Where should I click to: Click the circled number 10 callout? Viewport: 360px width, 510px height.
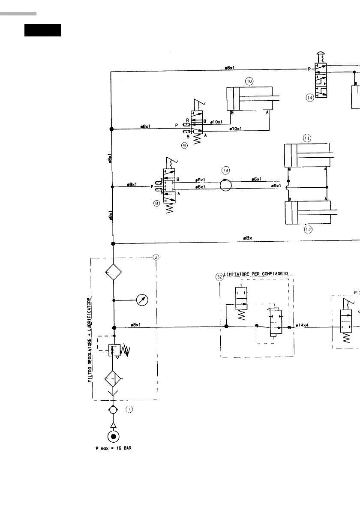pos(250,81)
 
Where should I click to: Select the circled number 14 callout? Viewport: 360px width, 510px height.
pos(310,98)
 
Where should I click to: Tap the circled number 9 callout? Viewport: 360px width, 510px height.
pos(184,146)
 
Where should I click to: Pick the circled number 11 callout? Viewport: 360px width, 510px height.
pos(307,138)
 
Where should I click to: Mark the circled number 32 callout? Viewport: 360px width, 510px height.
pos(219,277)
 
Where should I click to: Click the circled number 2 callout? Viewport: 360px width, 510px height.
pos(156,257)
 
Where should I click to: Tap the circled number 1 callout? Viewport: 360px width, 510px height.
pos(129,409)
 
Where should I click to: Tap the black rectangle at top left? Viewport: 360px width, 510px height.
pos(42,30)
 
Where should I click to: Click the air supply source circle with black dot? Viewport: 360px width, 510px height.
pos(113,437)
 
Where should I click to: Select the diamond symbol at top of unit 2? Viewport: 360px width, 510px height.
pos(114,272)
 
